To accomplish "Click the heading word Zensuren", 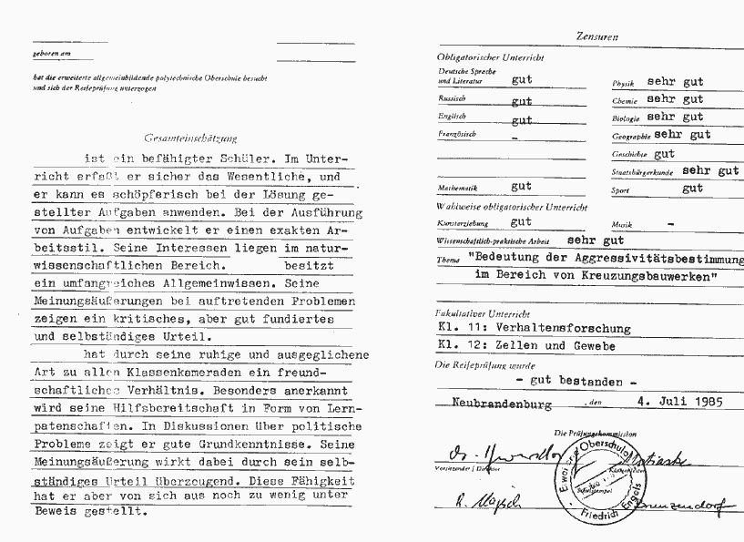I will [x=597, y=37].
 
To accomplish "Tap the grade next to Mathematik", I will [x=521, y=186].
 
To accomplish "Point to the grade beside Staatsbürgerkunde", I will [x=710, y=169].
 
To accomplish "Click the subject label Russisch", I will [x=453, y=97].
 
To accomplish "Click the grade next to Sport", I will [x=692, y=189].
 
